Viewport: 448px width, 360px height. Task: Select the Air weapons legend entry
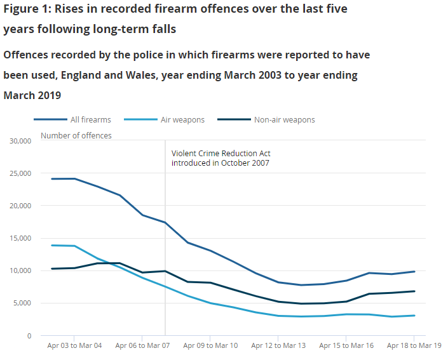click(182, 119)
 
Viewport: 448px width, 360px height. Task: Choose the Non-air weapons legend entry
click(284, 119)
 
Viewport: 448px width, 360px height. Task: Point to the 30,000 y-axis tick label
click(20, 140)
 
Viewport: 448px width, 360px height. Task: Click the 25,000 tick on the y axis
click(20, 173)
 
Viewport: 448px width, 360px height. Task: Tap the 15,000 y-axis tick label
click(20, 238)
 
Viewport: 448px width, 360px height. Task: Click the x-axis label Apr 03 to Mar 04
click(74, 346)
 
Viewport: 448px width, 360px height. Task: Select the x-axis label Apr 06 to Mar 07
click(142, 346)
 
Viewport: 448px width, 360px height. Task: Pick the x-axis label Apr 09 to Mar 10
click(210, 346)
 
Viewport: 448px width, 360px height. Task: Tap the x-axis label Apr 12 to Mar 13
click(278, 346)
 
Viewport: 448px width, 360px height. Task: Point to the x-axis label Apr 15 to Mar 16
click(346, 346)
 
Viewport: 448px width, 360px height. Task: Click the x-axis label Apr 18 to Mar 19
click(414, 346)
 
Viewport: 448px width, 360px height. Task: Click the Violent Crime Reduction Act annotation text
click(221, 158)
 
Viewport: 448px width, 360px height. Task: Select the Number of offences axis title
click(76, 135)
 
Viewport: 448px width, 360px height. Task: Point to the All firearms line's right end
click(414, 271)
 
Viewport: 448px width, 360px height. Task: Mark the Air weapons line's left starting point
click(52, 245)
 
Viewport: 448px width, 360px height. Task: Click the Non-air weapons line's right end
click(414, 291)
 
